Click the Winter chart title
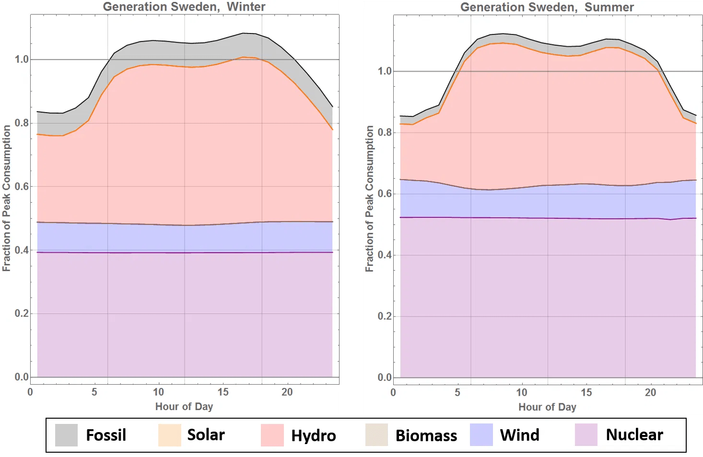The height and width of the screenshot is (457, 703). point(184,7)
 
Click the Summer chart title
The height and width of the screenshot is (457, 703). point(547,7)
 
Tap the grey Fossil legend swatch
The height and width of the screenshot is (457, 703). point(66,435)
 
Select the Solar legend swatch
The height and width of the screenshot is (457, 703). point(169,435)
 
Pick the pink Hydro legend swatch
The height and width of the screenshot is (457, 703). point(272,435)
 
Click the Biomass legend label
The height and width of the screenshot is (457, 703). point(426,435)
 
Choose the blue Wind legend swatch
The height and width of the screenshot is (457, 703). point(481,435)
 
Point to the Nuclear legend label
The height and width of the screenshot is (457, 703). point(634,434)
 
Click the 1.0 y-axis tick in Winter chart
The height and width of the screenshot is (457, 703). point(22,59)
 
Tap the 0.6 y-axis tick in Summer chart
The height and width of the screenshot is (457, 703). point(385,194)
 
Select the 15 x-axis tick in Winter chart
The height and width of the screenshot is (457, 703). point(223,392)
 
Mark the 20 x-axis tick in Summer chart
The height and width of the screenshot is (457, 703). point(650,392)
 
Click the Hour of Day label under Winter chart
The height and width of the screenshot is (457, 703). point(184,406)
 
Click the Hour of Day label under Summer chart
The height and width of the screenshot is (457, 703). point(547,407)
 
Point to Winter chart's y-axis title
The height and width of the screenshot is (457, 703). point(6,198)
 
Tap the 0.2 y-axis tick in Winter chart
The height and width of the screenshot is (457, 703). point(22,313)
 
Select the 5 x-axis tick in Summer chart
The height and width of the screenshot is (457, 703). point(457,392)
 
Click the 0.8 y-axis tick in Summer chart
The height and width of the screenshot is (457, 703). point(385,132)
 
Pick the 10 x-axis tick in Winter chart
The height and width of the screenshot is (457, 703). point(158,392)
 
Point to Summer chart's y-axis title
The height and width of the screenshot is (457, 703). point(369,199)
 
